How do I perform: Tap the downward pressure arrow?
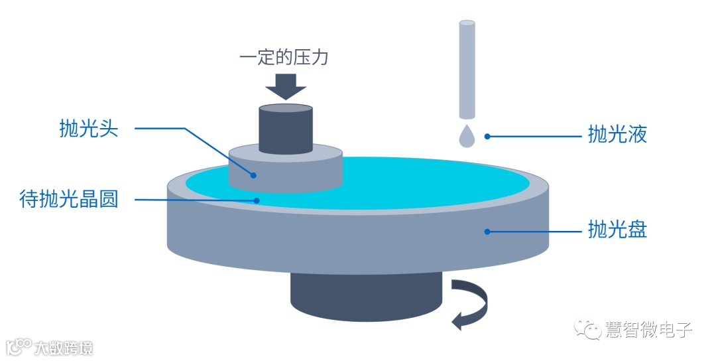click(x=285, y=86)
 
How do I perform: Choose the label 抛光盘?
click(x=617, y=230)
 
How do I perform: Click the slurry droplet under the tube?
click(x=467, y=135)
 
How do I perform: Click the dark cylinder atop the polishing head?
click(x=286, y=128)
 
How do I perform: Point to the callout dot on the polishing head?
click(x=254, y=175)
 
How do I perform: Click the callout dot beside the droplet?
click(x=487, y=136)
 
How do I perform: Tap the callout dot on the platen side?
click(x=487, y=232)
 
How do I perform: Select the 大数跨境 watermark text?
click(x=63, y=347)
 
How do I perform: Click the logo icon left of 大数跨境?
click(x=18, y=346)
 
